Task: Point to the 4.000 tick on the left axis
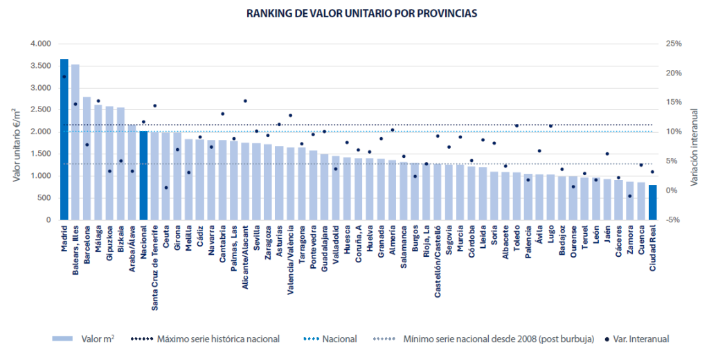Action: click(x=40, y=44)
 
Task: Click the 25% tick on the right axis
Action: click(x=673, y=44)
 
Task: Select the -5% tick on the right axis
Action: click(x=673, y=220)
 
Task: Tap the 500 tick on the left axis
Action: click(x=44, y=198)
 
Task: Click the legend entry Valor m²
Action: click(x=98, y=339)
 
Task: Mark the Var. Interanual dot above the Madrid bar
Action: click(x=64, y=77)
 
